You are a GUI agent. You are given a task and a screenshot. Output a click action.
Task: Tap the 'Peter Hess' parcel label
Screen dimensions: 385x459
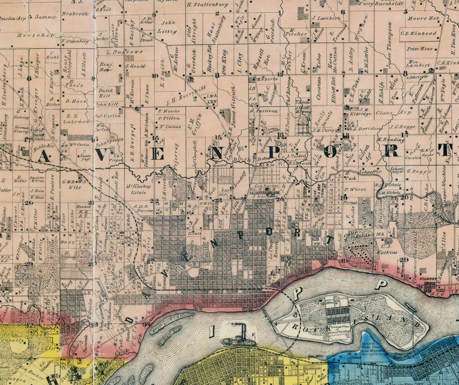pos(420,49)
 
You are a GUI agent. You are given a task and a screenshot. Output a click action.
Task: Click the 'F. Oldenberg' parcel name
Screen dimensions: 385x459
pos(74,41)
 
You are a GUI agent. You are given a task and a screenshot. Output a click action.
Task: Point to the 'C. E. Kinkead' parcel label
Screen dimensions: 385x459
pos(419,33)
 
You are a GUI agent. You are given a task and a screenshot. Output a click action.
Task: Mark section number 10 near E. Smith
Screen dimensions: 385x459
pos(155,75)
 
